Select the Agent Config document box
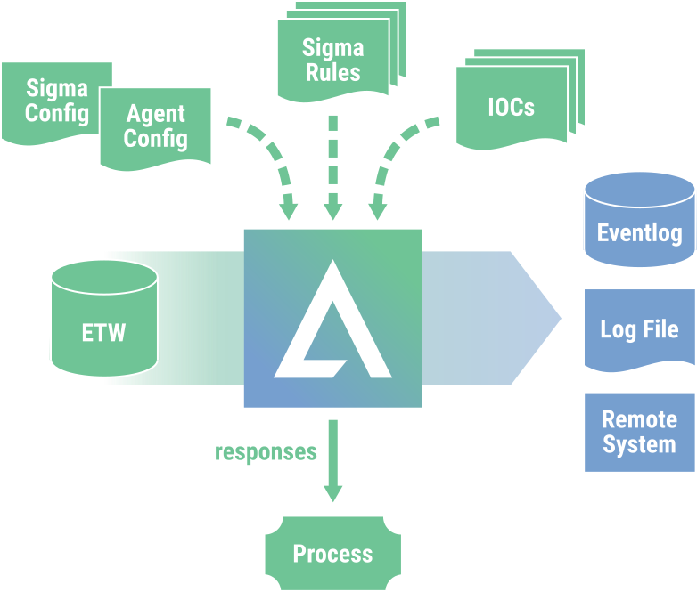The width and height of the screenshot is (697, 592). [x=156, y=126]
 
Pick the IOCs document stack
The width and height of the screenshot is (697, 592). [x=511, y=108]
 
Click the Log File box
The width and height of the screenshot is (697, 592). [x=639, y=328]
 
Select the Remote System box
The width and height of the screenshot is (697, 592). [x=639, y=432]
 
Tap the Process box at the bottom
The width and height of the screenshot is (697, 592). [x=332, y=554]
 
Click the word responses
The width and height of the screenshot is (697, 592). [x=266, y=452]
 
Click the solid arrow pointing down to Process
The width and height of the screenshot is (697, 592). [x=332, y=463]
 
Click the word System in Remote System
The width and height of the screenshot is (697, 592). [x=639, y=444]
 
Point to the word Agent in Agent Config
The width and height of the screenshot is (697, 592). [x=156, y=114]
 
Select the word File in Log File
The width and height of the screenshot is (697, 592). [x=660, y=328]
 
